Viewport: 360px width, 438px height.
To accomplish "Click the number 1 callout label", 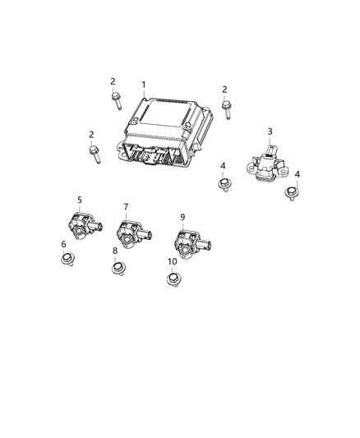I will click(x=143, y=85).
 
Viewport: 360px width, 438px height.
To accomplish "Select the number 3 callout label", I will click(x=270, y=131).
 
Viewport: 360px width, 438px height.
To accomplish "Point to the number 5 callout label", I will click(x=80, y=200).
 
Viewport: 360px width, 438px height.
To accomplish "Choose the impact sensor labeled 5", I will click(x=80, y=225).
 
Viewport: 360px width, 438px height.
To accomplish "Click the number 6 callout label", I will click(x=126, y=207).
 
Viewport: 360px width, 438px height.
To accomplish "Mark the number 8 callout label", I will click(x=115, y=251).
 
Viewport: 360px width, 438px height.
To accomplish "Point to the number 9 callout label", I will click(x=182, y=217).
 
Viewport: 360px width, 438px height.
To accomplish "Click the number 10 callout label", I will click(x=172, y=262).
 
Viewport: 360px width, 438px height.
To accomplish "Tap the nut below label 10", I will click(x=173, y=280).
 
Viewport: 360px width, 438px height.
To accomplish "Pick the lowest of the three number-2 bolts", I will click(x=94, y=153).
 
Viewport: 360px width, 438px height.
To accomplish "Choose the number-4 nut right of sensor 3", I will click(x=290, y=193).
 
